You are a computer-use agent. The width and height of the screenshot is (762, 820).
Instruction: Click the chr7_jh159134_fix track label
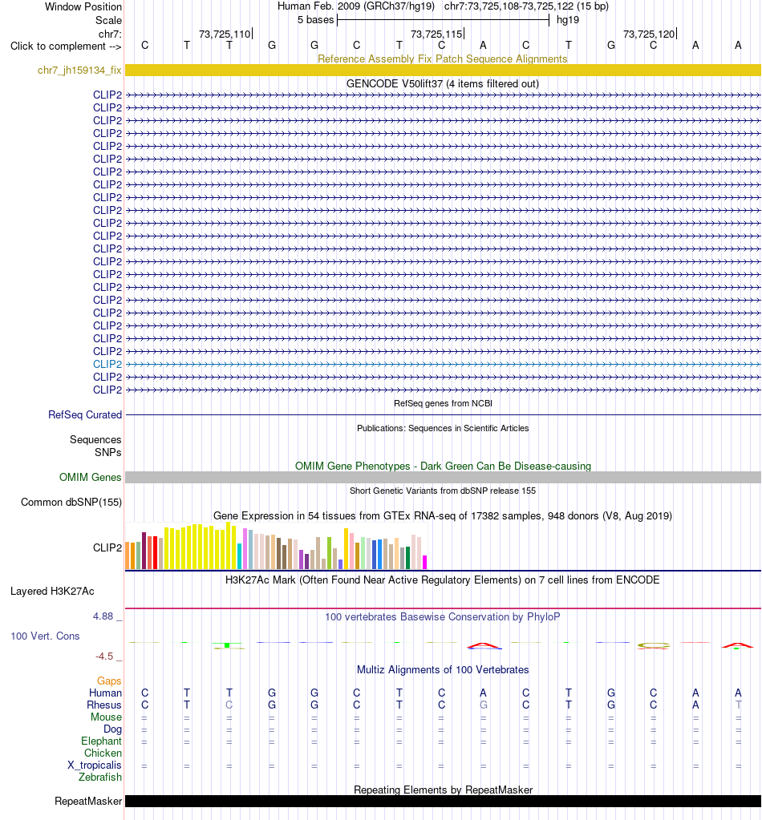(79, 70)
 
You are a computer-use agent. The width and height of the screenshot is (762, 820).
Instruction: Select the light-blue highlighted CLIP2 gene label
(107, 364)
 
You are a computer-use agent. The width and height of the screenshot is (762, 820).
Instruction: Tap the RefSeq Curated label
(85, 414)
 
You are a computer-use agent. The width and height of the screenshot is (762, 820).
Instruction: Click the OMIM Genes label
(90, 477)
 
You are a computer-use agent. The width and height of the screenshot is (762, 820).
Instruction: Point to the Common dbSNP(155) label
(71, 502)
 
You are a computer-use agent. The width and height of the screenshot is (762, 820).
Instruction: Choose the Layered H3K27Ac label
(52, 591)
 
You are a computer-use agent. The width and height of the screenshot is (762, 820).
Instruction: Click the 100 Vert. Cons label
(45, 636)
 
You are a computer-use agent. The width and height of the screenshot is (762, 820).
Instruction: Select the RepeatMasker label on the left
(88, 802)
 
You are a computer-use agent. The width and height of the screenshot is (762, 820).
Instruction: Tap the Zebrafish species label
(100, 778)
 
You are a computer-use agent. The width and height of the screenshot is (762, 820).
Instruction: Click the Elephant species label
(101, 741)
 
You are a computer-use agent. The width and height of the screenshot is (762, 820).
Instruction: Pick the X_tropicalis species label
(94, 765)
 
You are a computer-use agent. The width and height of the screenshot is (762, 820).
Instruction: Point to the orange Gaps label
(109, 681)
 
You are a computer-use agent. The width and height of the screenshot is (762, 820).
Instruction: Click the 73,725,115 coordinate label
(436, 34)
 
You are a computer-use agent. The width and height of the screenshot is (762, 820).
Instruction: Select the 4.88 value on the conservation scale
(103, 616)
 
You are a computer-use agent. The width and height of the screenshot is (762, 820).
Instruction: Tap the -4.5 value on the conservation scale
(104, 656)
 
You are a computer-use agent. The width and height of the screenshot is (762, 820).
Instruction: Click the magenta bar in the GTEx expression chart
(425, 562)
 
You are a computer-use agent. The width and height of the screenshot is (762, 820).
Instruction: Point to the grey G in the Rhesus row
(483, 705)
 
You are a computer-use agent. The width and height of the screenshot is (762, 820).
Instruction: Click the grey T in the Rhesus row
(738, 705)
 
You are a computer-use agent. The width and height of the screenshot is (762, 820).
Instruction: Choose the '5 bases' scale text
(315, 20)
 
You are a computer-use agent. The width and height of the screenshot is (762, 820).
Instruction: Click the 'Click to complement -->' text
(66, 46)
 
